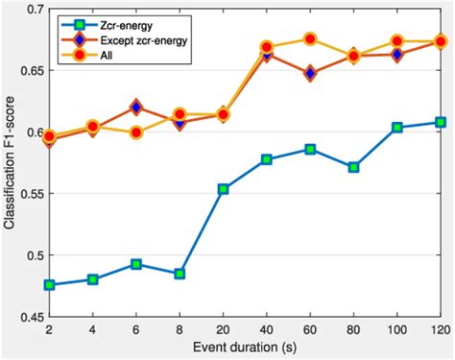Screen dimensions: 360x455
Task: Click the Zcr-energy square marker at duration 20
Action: (x=223, y=189)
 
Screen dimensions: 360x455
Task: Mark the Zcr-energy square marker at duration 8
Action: (x=180, y=274)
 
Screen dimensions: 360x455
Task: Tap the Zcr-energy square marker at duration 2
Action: (x=49, y=285)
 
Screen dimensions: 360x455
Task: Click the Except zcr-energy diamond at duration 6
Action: (x=136, y=108)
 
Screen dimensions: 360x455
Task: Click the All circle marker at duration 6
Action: (x=136, y=132)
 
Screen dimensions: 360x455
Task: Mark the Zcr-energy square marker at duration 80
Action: (x=353, y=167)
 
